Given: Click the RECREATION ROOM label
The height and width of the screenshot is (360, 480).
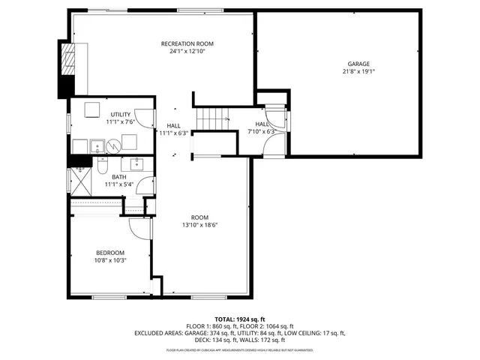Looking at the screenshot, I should tap(182, 44).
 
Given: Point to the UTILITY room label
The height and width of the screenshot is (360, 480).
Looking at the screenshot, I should tap(120, 114).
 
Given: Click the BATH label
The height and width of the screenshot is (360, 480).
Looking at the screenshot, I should tap(119, 177).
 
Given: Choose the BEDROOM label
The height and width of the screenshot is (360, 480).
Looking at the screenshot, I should tap(110, 253).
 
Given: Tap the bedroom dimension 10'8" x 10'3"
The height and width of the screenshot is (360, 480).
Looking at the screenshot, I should tap(110, 260).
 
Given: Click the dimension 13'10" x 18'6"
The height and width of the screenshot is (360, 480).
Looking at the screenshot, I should tap(199, 224).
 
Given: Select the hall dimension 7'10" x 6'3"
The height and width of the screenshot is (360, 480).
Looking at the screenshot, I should tap(261, 131).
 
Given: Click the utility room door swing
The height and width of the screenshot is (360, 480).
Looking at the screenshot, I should tap(148, 120).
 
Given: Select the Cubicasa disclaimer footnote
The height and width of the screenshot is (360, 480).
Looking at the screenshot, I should tap(239, 350).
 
